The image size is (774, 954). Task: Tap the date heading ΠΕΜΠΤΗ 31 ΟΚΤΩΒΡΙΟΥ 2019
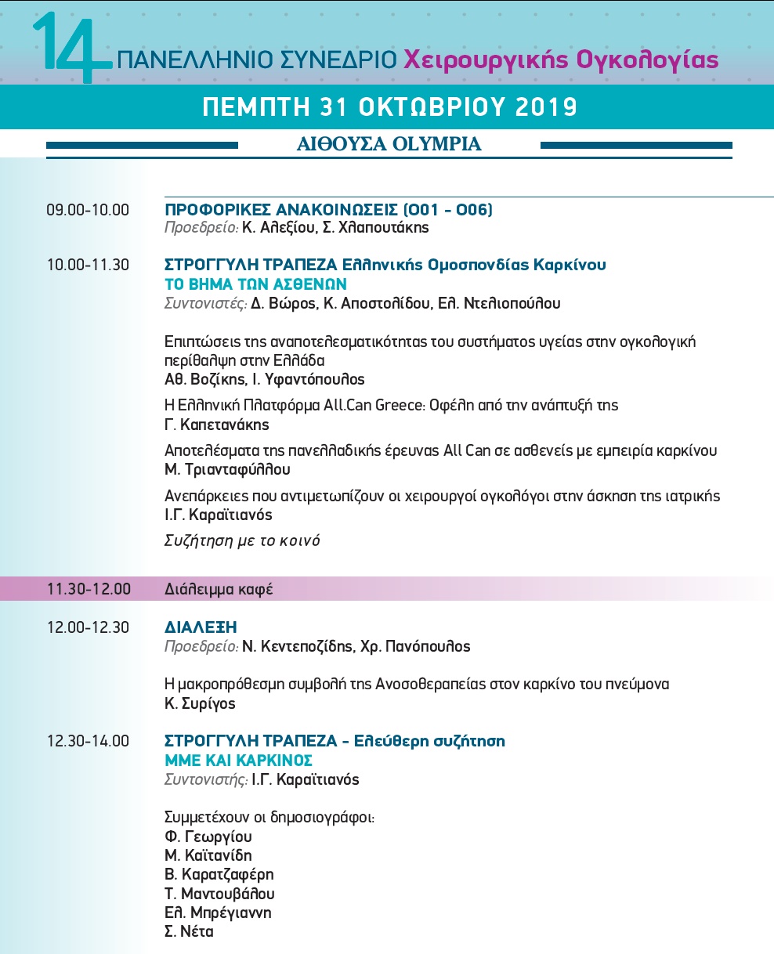(x=389, y=107)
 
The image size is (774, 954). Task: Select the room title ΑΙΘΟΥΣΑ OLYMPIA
(x=389, y=144)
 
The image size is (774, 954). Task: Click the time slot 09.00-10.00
(x=88, y=210)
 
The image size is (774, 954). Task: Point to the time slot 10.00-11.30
(x=88, y=265)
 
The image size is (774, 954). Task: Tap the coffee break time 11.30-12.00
(x=89, y=589)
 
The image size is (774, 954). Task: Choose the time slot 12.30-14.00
(x=88, y=741)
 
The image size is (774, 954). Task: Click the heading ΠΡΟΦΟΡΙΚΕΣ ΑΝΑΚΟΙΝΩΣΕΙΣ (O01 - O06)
(x=328, y=210)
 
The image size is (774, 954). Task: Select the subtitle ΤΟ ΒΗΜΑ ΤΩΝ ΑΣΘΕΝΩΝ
(x=255, y=284)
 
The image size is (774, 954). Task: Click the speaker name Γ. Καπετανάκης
(x=216, y=425)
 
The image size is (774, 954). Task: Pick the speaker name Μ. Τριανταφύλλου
(x=227, y=470)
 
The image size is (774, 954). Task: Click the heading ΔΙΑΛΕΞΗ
(x=201, y=627)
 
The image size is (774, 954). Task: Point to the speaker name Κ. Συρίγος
(x=200, y=703)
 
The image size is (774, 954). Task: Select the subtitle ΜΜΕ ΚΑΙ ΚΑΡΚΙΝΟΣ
(x=238, y=760)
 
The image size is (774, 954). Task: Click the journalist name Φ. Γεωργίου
(x=208, y=837)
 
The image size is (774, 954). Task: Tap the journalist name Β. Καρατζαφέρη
(x=219, y=874)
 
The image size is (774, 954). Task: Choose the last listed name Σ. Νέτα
(x=189, y=931)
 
